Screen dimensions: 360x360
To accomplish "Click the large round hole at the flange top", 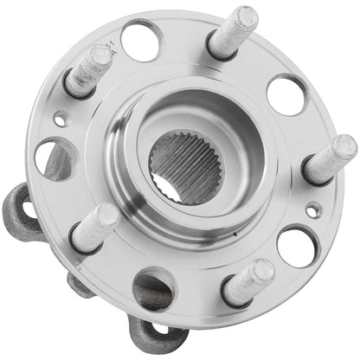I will tap(141, 39).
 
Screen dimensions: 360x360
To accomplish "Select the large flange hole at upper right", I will tap(286, 93).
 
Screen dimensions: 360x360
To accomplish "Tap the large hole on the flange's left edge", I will tap(52, 158).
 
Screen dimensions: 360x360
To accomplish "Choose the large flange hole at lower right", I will tap(296, 245).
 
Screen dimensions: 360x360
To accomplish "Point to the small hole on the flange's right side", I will tap(314, 209).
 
